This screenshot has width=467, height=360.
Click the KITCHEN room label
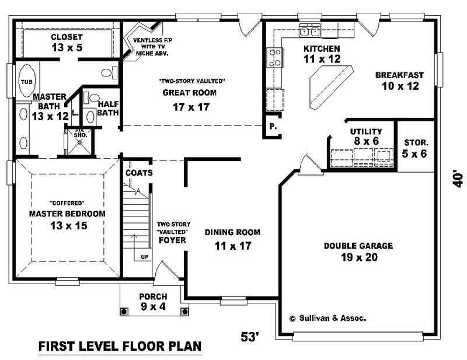[322, 48]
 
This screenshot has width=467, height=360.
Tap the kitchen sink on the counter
[309, 32]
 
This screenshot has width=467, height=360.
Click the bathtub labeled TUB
[27, 82]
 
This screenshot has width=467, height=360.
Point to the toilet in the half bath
[94, 100]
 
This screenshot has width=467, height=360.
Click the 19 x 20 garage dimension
[358, 257]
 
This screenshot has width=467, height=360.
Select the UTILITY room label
[366, 131]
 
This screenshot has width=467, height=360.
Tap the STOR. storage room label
[416, 142]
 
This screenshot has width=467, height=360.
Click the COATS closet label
[139, 173]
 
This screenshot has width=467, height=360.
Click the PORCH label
[153, 296]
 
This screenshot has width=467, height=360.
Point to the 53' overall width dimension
[250, 337]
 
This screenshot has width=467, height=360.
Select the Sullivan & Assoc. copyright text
[327, 319]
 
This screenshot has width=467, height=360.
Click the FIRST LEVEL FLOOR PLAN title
[120, 347]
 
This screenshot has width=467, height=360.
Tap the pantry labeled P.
[272, 127]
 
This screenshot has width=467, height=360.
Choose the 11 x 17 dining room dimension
[232, 246]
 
